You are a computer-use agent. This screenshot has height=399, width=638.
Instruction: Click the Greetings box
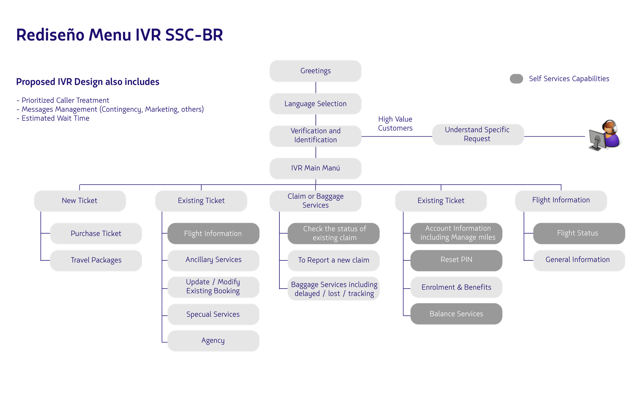coord(315,71)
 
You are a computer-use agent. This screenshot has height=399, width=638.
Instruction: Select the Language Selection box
coord(315,104)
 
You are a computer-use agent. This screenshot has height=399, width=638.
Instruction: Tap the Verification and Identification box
coord(315,136)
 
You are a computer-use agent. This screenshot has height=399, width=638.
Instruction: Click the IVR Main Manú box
coord(315,168)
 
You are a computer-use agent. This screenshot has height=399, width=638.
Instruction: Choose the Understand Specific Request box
coord(478,134)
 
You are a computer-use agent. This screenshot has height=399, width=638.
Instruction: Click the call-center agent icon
coord(606,136)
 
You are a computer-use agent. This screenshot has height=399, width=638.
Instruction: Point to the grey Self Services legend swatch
coord(516,79)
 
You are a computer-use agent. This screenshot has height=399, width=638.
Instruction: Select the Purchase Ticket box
coord(96,234)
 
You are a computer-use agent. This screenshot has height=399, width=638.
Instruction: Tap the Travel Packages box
coord(96,260)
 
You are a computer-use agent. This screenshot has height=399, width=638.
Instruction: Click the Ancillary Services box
coord(213,260)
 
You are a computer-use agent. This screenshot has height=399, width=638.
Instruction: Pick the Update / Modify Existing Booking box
coord(213,287)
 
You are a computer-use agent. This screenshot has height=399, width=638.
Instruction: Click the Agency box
coord(213,341)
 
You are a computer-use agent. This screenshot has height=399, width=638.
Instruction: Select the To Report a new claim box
coord(333,260)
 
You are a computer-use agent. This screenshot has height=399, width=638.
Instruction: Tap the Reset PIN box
coord(456,260)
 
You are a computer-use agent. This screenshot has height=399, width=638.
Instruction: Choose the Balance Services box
coord(456,314)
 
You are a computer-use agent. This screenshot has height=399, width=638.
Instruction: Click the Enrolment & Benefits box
coord(456,287)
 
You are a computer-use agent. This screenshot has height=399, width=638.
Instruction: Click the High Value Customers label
coord(395,124)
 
